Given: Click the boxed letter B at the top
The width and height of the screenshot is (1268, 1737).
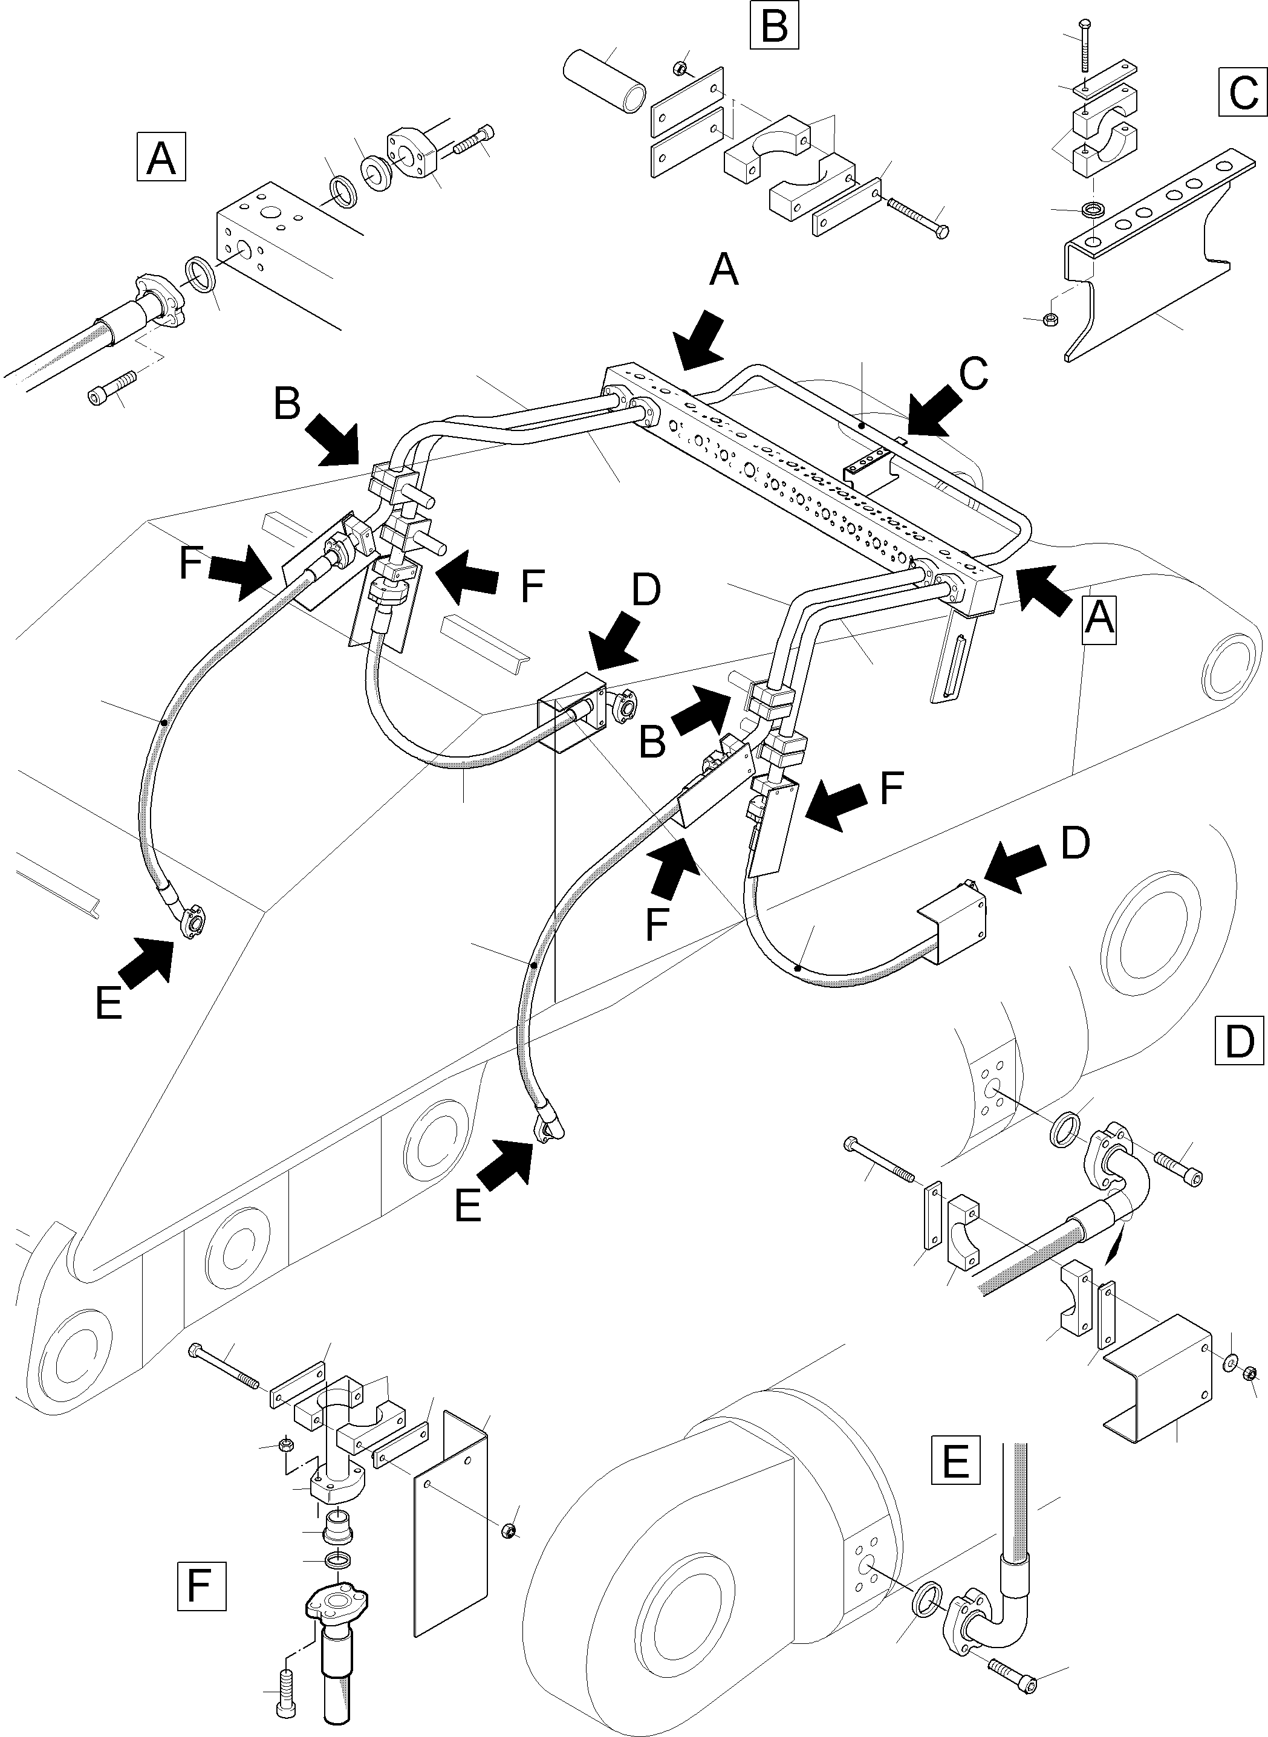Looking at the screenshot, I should tap(774, 26).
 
